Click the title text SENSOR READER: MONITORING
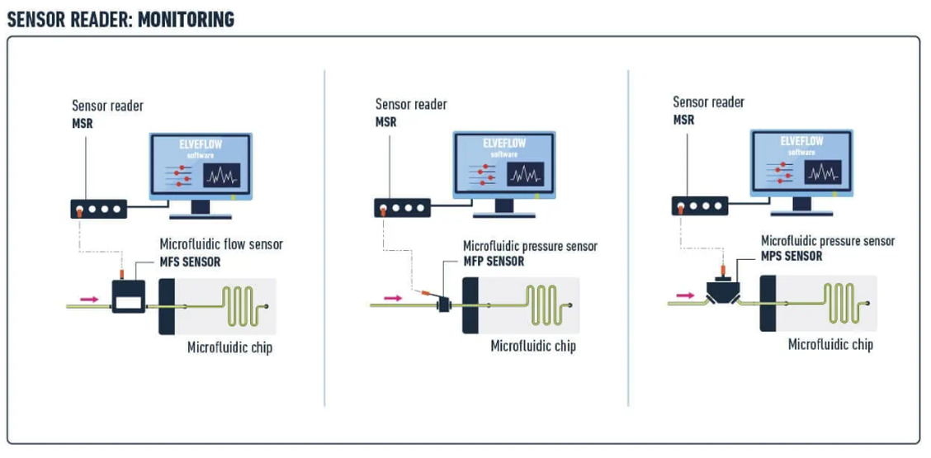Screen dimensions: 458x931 tap(121, 19)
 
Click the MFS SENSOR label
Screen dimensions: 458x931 tap(190, 262)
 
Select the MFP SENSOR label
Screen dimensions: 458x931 tap(494, 262)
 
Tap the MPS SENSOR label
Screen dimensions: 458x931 tap(792, 256)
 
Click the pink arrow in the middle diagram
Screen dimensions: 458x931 tap(394, 298)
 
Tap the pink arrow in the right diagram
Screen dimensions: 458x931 tap(685, 294)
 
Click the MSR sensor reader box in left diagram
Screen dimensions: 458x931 tap(98, 209)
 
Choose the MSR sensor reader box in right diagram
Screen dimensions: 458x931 tap(700, 205)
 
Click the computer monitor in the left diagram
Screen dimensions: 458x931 tap(201, 168)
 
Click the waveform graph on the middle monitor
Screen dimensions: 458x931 tap(526, 174)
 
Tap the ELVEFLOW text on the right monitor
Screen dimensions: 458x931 tap(801, 141)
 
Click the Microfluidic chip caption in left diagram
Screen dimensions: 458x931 tap(229, 347)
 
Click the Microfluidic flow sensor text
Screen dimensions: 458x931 tap(221, 244)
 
